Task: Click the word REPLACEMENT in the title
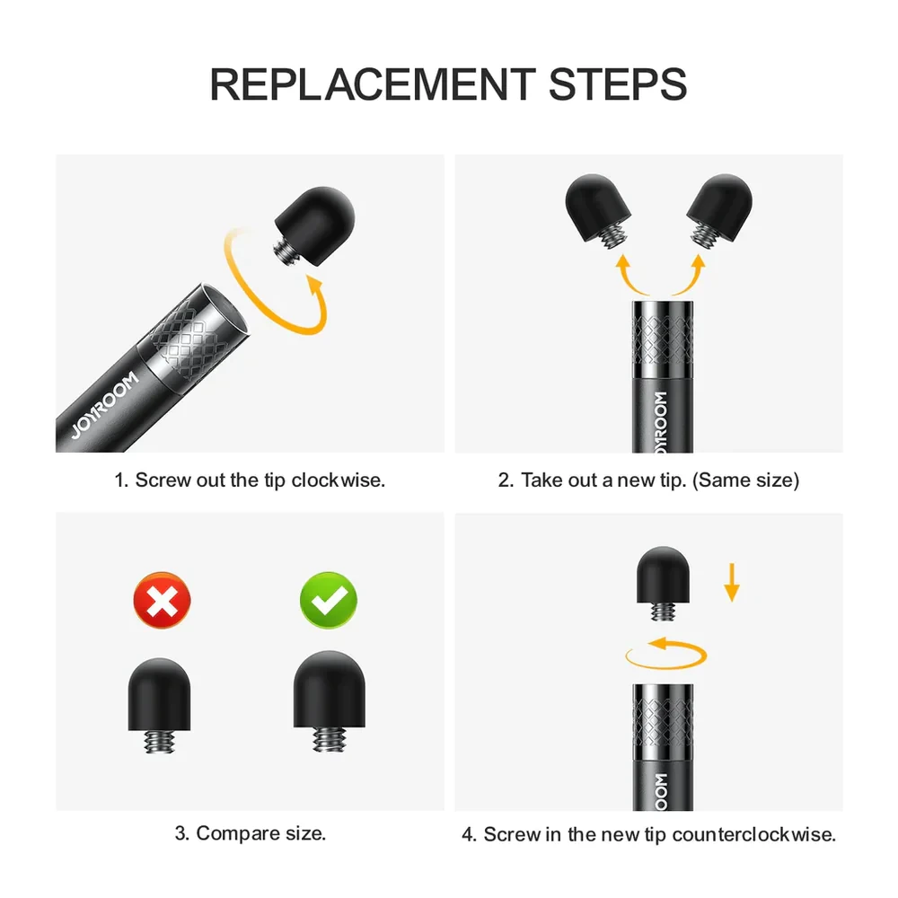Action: coord(373,84)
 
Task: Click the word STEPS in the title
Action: coord(618,84)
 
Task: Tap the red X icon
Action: coord(162,600)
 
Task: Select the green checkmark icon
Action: coord(329,600)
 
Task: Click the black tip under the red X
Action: coord(159,704)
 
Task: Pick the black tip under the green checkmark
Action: coord(330,700)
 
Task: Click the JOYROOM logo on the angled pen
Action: coord(105,404)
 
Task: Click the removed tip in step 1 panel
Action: coord(313,225)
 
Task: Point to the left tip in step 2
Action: coord(598,209)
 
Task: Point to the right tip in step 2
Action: coord(719,209)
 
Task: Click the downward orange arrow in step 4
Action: coord(731,583)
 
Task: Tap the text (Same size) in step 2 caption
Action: coord(745,480)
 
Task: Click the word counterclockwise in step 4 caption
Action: coord(753,834)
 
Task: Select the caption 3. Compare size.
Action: coord(251,833)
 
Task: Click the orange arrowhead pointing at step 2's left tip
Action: coord(622,262)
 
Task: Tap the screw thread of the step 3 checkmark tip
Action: coord(330,739)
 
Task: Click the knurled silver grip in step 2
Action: coord(663,339)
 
